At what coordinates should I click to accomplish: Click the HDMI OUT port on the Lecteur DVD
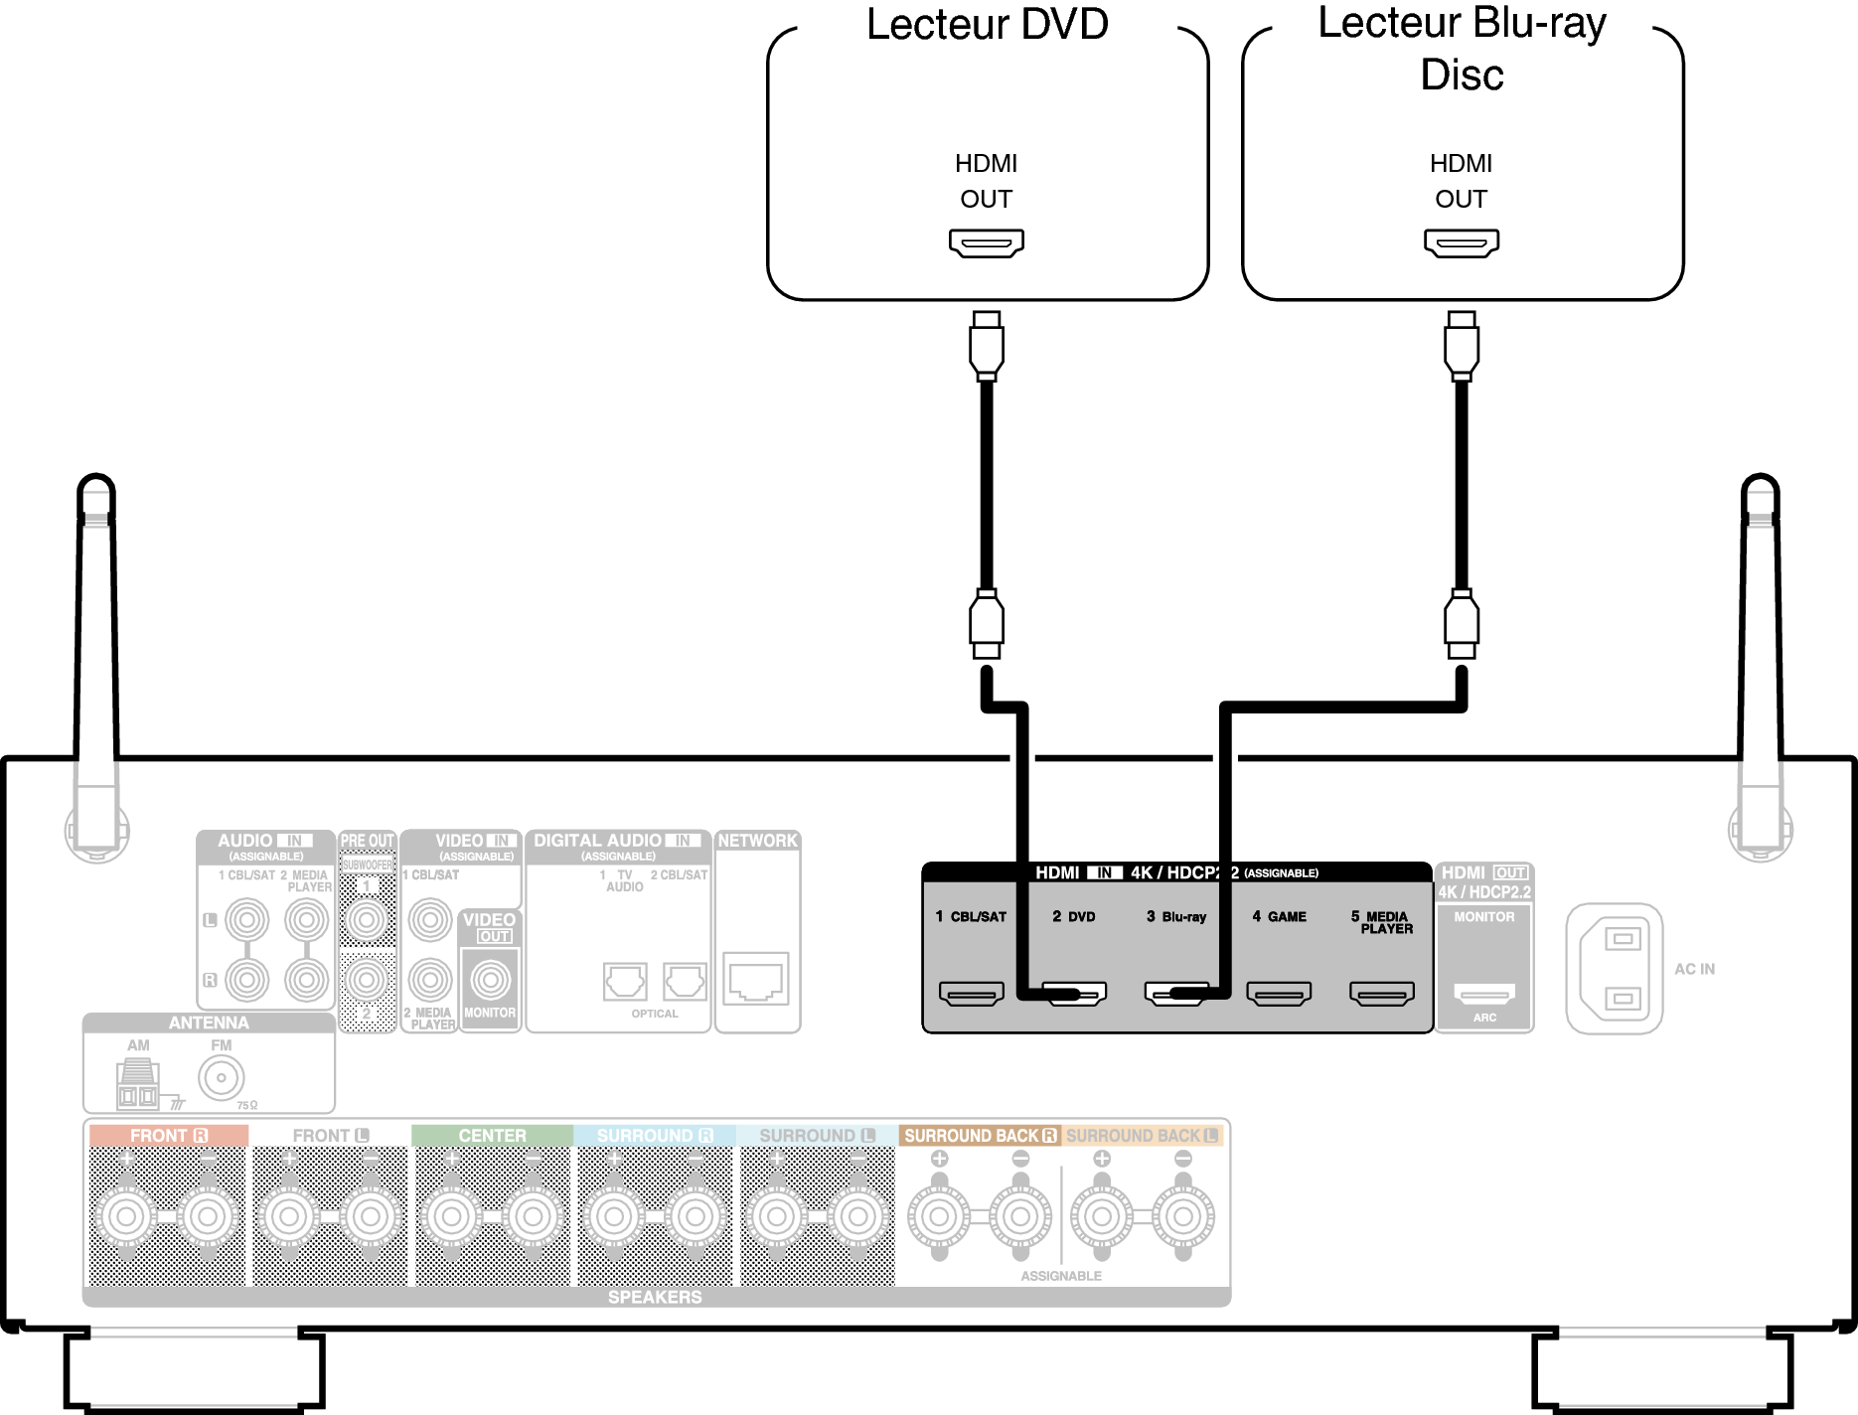coord(986,242)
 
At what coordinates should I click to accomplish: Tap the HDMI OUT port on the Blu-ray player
coord(1461,242)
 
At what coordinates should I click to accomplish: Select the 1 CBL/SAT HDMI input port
coord(971,993)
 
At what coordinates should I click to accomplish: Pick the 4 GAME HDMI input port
coord(1279,993)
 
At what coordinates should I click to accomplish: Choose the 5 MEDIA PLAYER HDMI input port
coord(1381,993)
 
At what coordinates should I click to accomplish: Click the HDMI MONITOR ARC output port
coord(1484,992)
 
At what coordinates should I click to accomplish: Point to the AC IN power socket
coord(1615,968)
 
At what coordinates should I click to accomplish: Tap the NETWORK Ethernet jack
coord(756,979)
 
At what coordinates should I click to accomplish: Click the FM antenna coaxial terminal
coord(222,1078)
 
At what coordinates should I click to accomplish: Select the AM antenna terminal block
coord(137,1085)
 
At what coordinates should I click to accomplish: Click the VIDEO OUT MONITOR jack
coord(491,980)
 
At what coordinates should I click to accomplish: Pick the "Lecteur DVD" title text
coord(987,24)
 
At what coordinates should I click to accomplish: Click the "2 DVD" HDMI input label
coord(1074,916)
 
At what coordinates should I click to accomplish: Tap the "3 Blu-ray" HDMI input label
coord(1176,916)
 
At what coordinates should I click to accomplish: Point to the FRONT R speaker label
coord(168,1135)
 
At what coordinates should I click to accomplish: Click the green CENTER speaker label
coord(492,1135)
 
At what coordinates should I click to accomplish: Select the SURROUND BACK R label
coord(980,1135)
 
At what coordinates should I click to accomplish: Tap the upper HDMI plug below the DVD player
coord(986,346)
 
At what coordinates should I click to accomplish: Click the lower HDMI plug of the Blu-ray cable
coord(1461,624)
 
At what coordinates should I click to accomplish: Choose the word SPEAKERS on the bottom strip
coord(655,1297)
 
